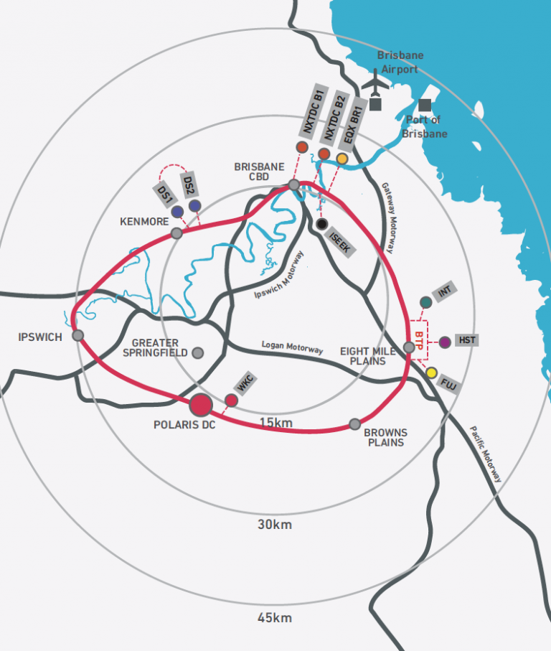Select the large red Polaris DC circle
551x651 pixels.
(x=200, y=405)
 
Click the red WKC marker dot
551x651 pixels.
(x=231, y=400)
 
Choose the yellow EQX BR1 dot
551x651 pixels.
(x=342, y=159)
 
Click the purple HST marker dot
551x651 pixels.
(x=445, y=342)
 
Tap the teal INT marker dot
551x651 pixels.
(x=425, y=302)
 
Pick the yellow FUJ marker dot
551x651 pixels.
(x=431, y=373)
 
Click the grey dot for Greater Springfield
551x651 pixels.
(x=198, y=352)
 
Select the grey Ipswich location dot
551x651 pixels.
(x=77, y=335)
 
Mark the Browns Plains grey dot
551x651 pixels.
(x=354, y=423)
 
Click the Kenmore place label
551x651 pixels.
(x=144, y=222)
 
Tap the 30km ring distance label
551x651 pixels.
(x=275, y=525)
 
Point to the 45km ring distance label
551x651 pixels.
(x=275, y=618)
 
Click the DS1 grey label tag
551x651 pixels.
(x=163, y=192)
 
